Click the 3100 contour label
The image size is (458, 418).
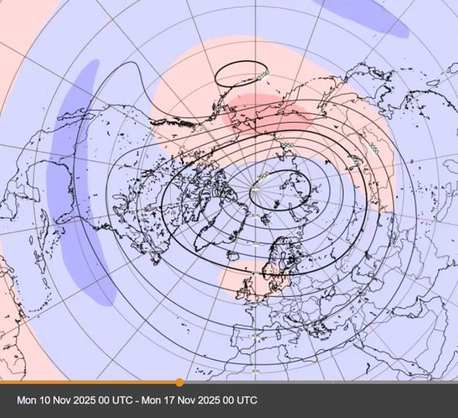[264, 75]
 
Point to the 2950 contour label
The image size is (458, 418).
[287, 145]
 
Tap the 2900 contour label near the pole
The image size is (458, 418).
[263, 176]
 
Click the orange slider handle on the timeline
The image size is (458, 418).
[179, 382]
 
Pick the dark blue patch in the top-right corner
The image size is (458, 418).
[364, 15]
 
